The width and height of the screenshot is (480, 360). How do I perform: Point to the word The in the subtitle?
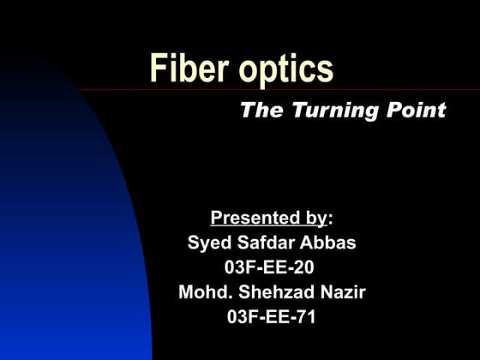(258, 111)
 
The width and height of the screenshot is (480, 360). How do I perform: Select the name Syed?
(207, 243)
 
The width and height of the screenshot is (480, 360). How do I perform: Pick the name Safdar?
(262, 243)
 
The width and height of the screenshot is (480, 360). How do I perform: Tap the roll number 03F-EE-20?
(269, 267)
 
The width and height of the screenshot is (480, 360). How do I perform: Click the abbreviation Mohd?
(203, 292)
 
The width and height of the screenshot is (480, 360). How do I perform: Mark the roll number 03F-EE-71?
(272, 317)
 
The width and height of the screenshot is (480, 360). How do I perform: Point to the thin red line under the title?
(403, 90)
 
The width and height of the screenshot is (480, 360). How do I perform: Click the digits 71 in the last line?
(306, 317)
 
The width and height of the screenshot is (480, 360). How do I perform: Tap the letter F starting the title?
(159, 68)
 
